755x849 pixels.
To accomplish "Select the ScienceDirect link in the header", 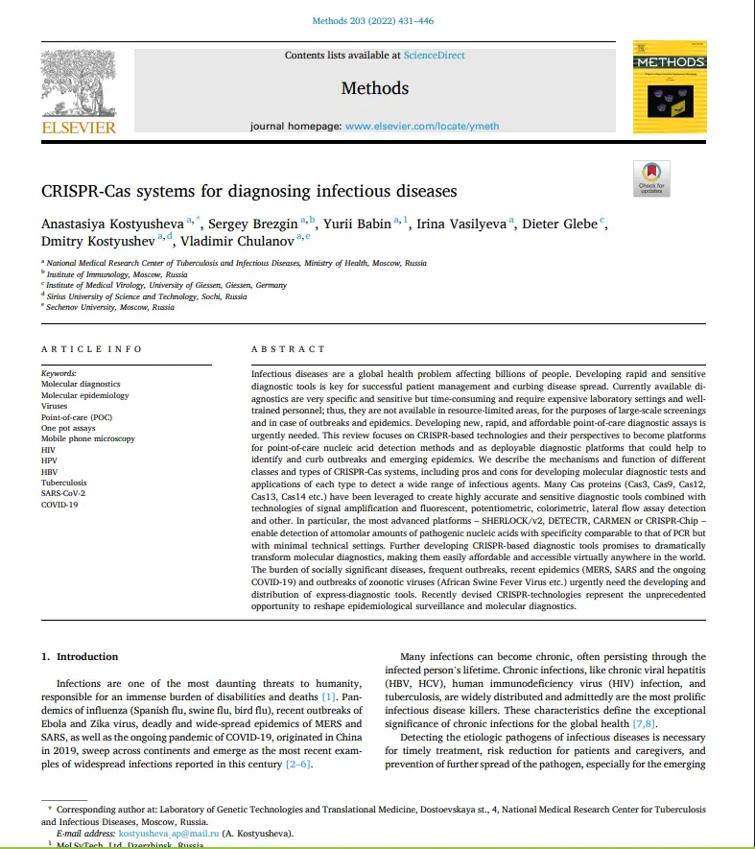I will (x=434, y=56).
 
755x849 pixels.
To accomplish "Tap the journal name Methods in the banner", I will (x=374, y=88).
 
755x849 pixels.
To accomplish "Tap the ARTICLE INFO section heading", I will (x=91, y=349).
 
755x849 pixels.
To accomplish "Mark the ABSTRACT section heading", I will (x=288, y=349).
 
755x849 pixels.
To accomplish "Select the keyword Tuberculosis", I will (x=63, y=483).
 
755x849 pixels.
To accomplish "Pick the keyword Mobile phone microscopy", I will (x=87, y=438).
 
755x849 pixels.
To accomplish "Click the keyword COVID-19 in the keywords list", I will (x=59, y=505).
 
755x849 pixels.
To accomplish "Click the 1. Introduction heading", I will (x=80, y=657).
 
